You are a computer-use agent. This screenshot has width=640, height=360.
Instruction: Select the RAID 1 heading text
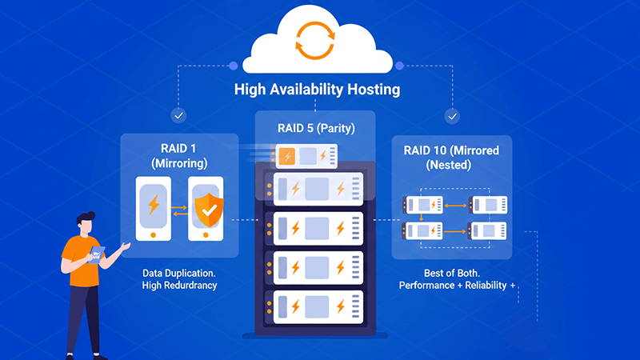(180, 148)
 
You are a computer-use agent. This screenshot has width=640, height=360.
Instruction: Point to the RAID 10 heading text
(451, 150)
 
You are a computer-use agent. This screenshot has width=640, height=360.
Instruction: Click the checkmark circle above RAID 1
(179, 116)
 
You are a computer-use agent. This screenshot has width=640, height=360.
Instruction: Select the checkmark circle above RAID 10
(452, 116)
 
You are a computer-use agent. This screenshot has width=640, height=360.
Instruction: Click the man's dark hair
(86, 218)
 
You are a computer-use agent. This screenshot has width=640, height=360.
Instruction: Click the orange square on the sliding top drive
(286, 157)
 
